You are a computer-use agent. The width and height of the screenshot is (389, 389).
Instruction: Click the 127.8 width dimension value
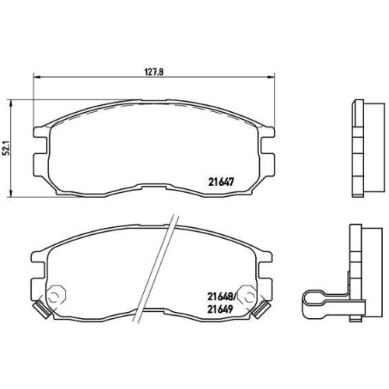(154, 72)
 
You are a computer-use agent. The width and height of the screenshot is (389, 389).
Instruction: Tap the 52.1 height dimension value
(7, 148)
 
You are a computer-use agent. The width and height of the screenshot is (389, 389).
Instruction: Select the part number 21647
(221, 182)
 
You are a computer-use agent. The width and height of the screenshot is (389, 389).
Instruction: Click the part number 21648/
(221, 297)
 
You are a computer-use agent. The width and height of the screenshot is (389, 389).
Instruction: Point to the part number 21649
(220, 309)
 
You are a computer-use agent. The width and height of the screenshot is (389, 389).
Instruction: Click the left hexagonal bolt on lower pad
(56, 295)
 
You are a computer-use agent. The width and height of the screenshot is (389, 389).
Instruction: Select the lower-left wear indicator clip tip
(41, 310)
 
